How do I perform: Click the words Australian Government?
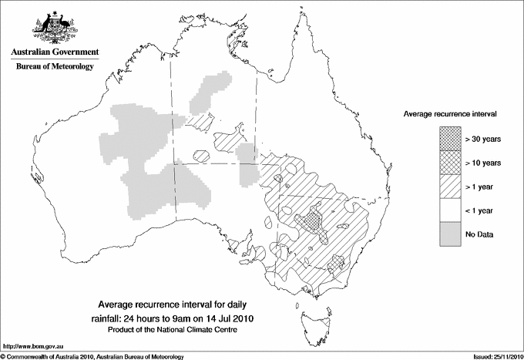(54, 52)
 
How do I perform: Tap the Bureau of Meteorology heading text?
(54, 67)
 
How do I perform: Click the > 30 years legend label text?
(483, 139)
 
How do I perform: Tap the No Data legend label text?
(480, 234)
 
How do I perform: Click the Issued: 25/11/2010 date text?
(491, 355)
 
